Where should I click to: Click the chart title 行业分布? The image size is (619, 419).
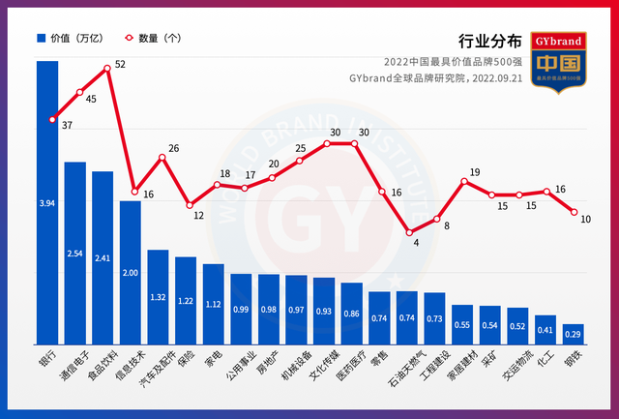492,42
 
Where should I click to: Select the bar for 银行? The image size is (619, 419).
47,203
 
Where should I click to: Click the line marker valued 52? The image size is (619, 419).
107,69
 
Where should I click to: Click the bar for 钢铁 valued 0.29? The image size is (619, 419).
574,333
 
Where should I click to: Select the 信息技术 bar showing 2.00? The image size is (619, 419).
131,271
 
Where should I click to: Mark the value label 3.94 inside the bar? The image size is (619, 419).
47,204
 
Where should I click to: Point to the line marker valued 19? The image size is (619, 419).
464,181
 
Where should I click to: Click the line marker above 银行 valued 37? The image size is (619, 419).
51,120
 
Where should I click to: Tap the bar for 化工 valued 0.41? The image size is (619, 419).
545,329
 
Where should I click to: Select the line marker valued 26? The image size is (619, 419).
162,157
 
